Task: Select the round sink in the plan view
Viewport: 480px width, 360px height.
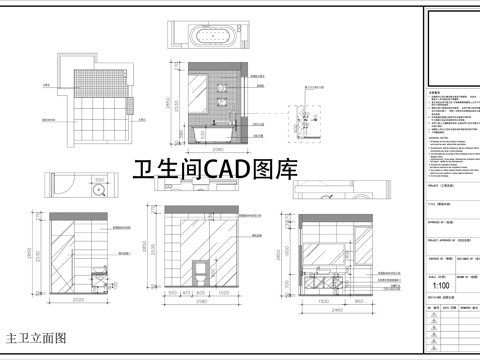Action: click(x=98, y=188)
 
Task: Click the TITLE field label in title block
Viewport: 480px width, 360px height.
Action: click(x=431, y=201)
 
